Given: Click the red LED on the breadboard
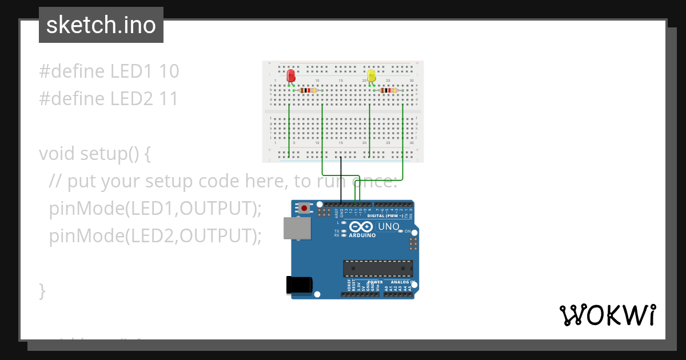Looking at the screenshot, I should coord(291,75).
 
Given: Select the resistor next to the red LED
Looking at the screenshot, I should coord(308,90).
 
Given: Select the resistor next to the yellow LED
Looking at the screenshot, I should coord(389,90).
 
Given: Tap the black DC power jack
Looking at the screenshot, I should coord(299,285).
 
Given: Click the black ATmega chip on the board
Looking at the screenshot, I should coord(378,269).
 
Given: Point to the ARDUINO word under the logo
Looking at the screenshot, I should coord(362,235).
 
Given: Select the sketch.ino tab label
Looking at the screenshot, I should coord(101,25).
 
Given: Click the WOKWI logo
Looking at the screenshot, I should coord(607,315).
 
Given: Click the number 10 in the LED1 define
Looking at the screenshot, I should coord(169,71).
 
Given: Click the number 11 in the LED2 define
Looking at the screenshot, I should coord(168,99).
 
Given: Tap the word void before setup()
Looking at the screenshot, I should coord(57,154).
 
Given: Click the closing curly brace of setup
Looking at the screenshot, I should coord(42,290).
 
